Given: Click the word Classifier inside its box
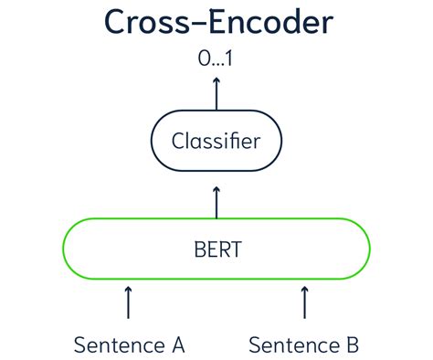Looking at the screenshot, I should pos(216,142).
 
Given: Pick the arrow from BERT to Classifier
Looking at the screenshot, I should pos(216,201).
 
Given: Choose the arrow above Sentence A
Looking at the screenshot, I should pos(129,301).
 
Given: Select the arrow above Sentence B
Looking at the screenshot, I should pos(303,301).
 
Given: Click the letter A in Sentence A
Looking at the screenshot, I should pos(177,345).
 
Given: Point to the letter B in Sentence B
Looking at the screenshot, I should pos(353,345).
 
